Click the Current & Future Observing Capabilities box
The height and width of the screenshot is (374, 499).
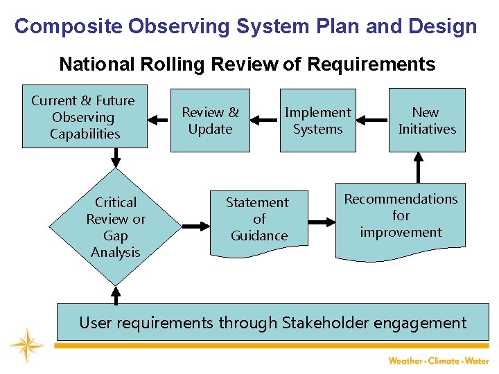85,118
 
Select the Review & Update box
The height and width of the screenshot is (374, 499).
210,121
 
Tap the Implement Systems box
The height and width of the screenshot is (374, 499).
317,121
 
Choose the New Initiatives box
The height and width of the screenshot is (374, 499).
426,121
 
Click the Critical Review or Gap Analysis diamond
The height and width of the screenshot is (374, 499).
115,226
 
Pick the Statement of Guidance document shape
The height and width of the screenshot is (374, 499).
259,220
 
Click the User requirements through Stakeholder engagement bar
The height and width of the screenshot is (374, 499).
272,322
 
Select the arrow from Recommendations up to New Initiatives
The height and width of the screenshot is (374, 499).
418,168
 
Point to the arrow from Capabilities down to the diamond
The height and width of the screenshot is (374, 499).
116,159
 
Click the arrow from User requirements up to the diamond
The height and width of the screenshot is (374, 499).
116,295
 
